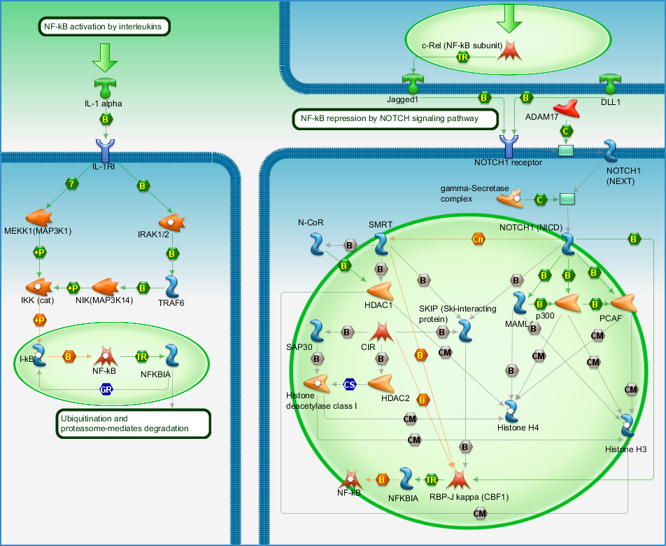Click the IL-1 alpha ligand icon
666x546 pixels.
(x=105, y=88)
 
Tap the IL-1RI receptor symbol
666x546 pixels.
(x=105, y=150)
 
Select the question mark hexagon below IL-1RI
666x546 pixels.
(x=72, y=183)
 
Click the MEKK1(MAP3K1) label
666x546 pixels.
(x=38, y=231)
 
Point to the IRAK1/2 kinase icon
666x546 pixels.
(x=171, y=222)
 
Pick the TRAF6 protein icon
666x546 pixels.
(x=172, y=286)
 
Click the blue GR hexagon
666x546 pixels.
(x=106, y=389)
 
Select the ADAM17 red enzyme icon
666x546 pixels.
(x=567, y=108)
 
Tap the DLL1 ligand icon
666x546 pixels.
(x=610, y=84)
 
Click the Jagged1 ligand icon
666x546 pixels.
(x=413, y=84)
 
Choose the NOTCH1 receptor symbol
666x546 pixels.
(x=509, y=146)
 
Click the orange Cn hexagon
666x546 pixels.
(x=479, y=239)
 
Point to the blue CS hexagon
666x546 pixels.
(x=350, y=384)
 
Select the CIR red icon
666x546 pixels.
(x=381, y=331)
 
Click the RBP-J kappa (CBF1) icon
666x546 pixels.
(x=459, y=479)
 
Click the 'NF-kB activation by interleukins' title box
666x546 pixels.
(x=104, y=27)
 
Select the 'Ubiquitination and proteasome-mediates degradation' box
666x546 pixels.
(x=134, y=423)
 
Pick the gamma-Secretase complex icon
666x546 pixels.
(x=510, y=198)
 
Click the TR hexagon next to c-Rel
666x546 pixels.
(x=462, y=57)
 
